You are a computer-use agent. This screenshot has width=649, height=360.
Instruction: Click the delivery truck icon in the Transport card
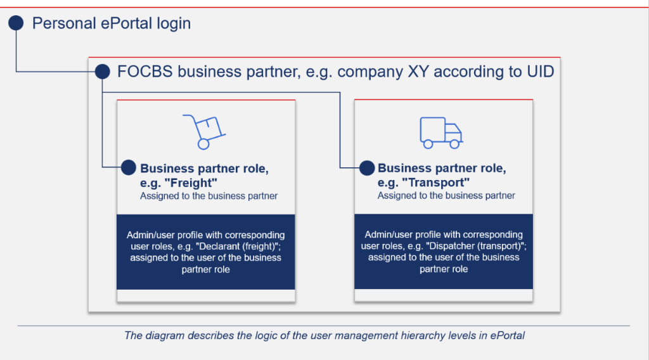441,132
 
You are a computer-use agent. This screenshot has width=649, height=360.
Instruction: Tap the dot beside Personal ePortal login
16,23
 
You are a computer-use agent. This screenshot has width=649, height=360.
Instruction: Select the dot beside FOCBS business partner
102,72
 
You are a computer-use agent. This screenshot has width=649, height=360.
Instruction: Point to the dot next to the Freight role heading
128,167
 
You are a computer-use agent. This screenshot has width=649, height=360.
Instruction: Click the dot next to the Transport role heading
367,167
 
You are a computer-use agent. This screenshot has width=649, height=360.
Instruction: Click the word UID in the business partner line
539,72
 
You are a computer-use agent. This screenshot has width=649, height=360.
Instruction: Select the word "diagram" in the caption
164,335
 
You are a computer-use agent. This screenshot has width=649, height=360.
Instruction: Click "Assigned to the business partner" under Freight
209,196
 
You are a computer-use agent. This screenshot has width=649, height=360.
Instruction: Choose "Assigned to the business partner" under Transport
446,196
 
